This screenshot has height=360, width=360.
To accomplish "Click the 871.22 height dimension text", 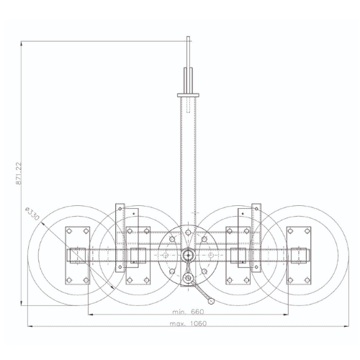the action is pos(19,174).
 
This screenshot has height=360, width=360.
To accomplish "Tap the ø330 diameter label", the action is pos(32,213).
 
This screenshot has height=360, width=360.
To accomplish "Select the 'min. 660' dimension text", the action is pos(188,312).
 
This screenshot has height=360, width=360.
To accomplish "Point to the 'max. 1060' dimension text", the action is pos(188,323).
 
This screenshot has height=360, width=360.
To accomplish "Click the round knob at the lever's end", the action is pos(211,301).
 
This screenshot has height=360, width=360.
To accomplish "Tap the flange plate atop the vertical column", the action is pos(188,95).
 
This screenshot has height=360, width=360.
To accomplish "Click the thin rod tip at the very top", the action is pos(188,37).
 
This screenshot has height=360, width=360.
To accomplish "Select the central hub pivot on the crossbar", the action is pos(188,255).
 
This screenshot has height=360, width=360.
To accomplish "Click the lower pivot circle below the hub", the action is pos(188,278).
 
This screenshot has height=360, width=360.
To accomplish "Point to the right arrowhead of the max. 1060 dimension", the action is pos(346,326).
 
